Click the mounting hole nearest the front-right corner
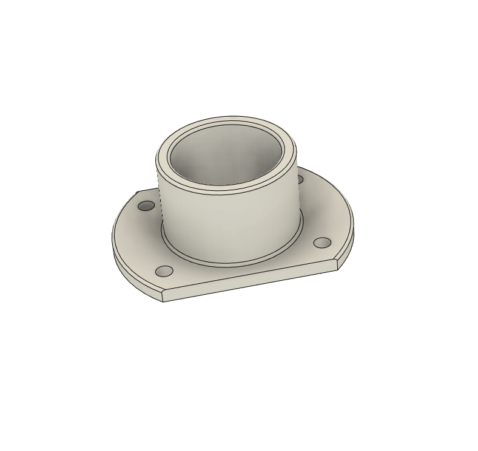pyautogui.click(x=321, y=243)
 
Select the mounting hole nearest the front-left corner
pyautogui.click(x=164, y=271)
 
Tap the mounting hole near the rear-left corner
pyautogui.click(x=146, y=206)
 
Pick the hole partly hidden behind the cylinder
pyautogui.click(x=300, y=179)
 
